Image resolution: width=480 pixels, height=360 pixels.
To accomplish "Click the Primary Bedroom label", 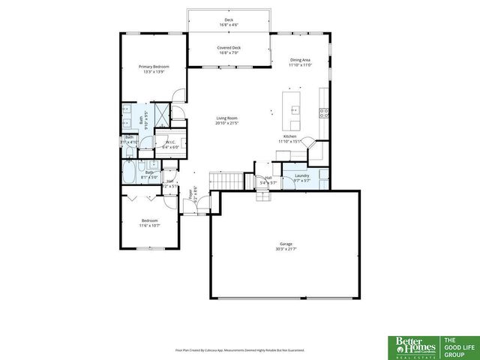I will coord(154,67).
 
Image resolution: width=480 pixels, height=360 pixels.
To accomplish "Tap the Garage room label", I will coord(285,244).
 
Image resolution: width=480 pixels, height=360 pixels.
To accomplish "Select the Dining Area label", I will coord(300,60).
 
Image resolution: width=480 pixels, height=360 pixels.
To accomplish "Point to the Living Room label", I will coord(227,118).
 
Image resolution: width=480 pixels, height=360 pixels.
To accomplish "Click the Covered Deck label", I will coord(229,48).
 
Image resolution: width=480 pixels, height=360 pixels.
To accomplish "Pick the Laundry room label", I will coord(301,175).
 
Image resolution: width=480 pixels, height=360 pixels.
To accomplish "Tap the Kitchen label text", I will coord(289,136).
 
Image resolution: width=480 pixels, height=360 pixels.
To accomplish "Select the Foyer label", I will coord(191,191).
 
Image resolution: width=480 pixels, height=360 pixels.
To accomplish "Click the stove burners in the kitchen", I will coord(324,114).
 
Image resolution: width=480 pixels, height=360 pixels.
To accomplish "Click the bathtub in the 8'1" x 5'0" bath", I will coord(130,177).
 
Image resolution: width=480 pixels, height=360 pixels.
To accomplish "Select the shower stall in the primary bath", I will coord(161,115).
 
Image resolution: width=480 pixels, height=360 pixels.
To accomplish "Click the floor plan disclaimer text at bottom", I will coord(239,349).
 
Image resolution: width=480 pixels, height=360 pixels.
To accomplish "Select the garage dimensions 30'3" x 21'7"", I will coord(285,248).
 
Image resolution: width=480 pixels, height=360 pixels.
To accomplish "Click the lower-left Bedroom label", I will coord(150,223).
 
